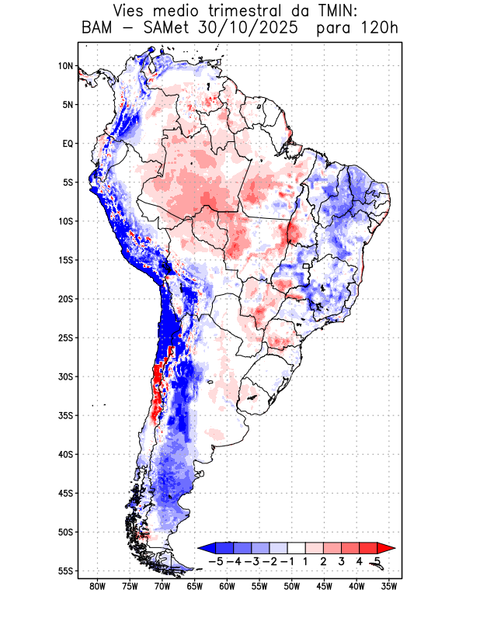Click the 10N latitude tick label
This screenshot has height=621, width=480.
pos(65,66)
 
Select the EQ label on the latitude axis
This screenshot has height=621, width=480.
pos(68,144)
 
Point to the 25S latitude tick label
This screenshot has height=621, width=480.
pos(65,338)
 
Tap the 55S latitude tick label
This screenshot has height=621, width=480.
pos(65,571)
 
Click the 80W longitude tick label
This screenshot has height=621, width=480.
pos(98,587)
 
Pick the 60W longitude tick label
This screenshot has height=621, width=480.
pos(227,587)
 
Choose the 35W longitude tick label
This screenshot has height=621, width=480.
pos(388,587)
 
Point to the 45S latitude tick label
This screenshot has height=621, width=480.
pos(65,493)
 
